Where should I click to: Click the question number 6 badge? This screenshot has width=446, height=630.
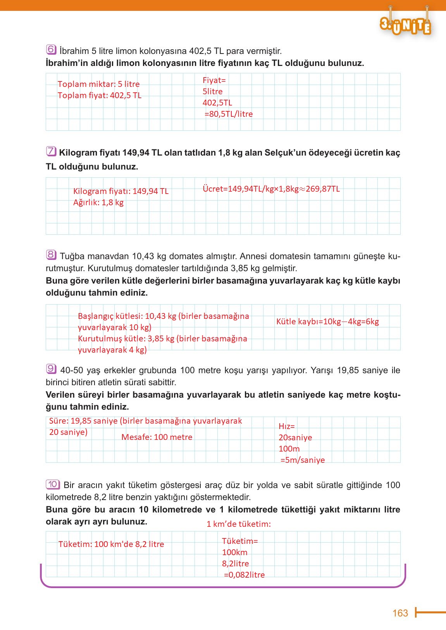[x=51, y=50]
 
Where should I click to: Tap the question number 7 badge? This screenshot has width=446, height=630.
[x=51, y=152]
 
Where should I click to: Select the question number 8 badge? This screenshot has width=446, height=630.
[x=51, y=255]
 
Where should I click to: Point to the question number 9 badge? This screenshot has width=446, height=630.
[x=51, y=369]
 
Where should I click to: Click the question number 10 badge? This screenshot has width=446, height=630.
[x=53, y=484]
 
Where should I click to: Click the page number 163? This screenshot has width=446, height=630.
[x=400, y=613]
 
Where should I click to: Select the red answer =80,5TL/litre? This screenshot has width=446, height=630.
[x=228, y=114]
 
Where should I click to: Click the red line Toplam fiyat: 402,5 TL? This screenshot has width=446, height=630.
[x=100, y=95]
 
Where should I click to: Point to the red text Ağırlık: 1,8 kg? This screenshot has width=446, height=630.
[x=98, y=202]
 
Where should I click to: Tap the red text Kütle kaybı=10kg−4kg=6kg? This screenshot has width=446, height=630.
[x=327, y=322]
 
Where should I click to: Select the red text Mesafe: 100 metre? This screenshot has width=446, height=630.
[x=157, y=437]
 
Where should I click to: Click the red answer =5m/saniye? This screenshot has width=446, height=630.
[x=303, y=460]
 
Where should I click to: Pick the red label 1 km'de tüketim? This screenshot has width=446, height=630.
[x=239, y=524]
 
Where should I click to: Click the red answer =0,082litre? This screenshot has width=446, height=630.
[x=244, y=575]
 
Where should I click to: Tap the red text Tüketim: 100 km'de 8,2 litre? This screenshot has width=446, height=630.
[x=111, y=544]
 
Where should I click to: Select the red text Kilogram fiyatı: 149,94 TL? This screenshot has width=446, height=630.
[x=121, y=191]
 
